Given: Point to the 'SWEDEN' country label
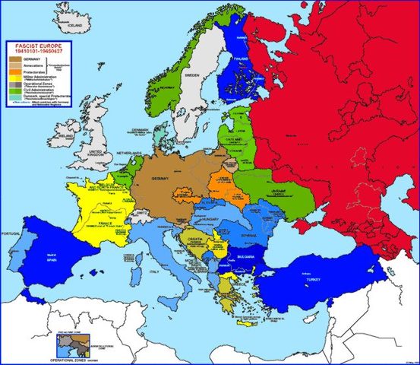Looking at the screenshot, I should click(192, 76).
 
